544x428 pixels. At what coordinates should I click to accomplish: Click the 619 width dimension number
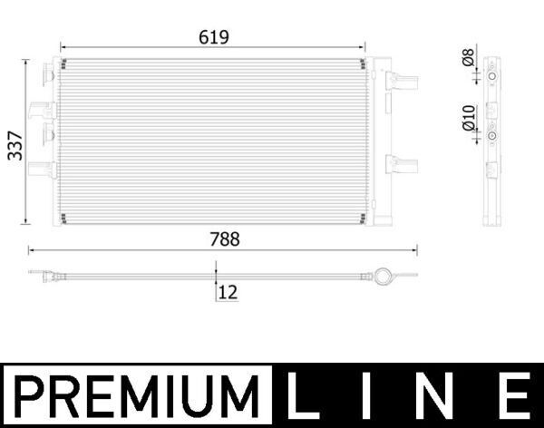click(x=214, y=37)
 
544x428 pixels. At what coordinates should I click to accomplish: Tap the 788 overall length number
click(x=224, y=239)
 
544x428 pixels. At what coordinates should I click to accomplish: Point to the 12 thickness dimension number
click(x=228, y=292)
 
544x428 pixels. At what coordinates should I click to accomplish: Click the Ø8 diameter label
click(x=468, y=58)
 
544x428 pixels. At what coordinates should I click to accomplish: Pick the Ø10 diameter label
click(x=468, y=118)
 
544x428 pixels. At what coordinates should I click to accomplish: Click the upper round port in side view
click(x=491, y=78)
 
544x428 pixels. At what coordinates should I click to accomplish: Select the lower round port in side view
click(x=491, y=136)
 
